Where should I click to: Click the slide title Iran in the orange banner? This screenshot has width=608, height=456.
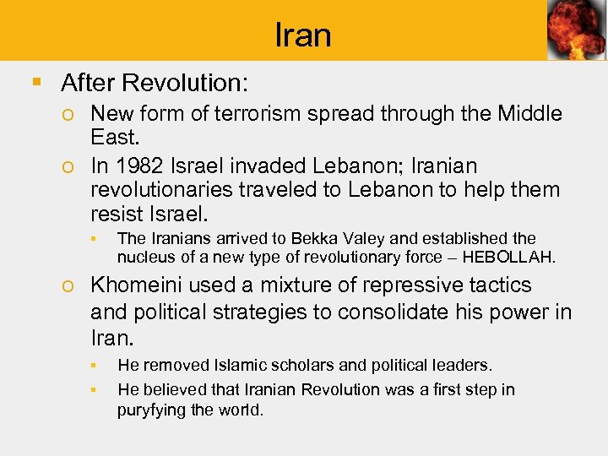coord(303,35)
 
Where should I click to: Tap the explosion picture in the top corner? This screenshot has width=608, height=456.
coord(576,30)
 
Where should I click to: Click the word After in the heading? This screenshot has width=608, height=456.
coord(89,83)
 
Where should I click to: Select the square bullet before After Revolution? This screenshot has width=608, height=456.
coord(35,83)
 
